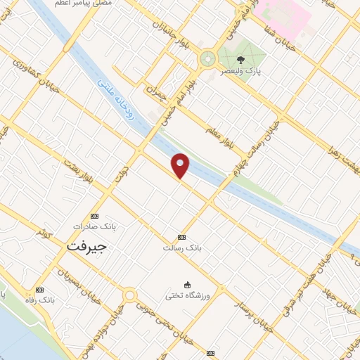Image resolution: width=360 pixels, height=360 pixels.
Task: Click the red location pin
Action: [181, 165]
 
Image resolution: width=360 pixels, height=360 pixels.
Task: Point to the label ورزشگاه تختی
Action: [188, 296]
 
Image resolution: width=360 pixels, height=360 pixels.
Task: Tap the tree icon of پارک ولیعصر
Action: [241, 60]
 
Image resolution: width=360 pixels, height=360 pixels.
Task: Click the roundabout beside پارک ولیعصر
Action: [207, 59]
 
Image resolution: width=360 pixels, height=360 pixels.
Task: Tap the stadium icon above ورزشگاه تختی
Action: [188, 285]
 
